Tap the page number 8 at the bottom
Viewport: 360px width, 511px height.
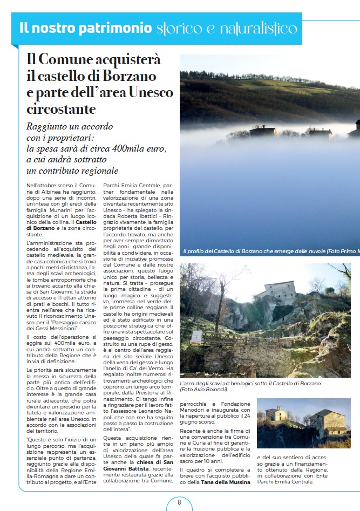(180, 502)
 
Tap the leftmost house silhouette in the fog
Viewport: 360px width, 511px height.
(263, 131)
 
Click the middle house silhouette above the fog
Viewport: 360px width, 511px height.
(320, 132)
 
